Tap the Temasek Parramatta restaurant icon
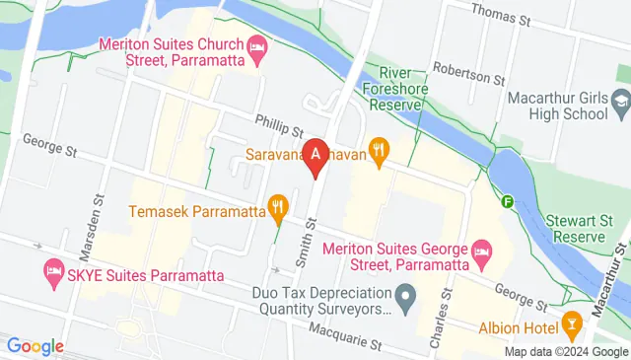277,208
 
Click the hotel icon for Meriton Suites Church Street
257,46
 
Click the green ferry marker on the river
508,202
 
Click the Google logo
35,346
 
